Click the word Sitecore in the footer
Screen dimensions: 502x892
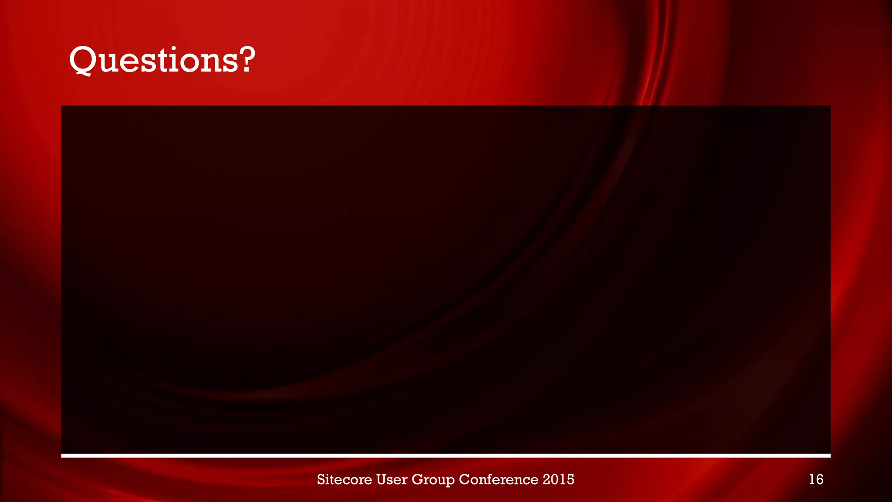[344, 479]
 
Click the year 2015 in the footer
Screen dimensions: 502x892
[558, 479]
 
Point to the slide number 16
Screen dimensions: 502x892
[816, 479]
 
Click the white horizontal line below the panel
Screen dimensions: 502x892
[446, 456]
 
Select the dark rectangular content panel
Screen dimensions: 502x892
[446, 279]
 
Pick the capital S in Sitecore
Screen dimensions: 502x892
[321, 479]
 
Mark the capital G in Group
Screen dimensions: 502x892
[417, 479]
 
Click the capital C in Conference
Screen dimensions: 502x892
[464, 479]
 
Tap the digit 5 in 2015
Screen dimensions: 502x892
[570, 479]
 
